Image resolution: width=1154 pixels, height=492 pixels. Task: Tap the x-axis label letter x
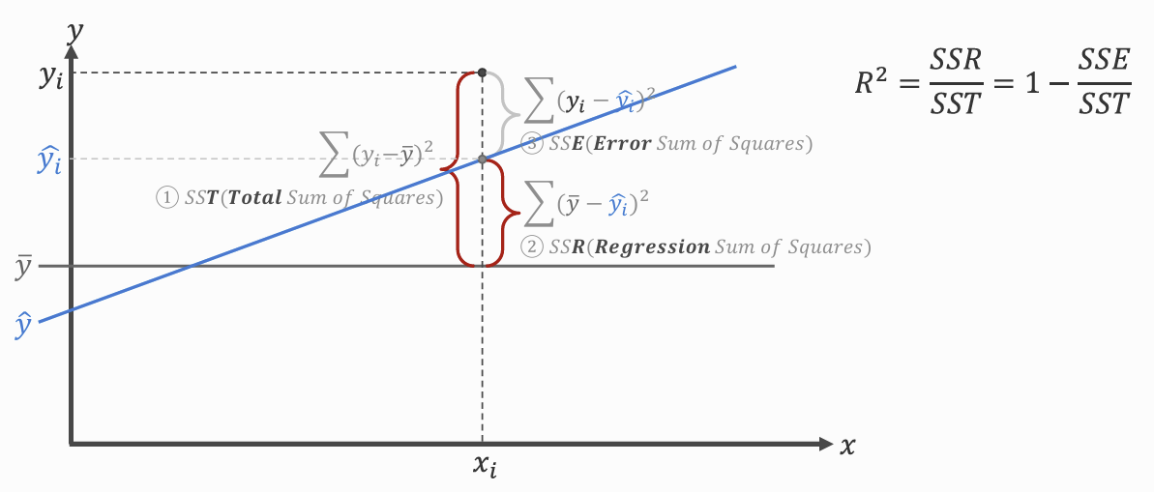point(847,446)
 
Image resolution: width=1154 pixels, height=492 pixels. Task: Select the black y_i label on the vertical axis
point(50,78)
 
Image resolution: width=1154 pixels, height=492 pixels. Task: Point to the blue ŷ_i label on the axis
point(49,160)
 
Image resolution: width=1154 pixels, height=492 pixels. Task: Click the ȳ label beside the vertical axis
point(25,266)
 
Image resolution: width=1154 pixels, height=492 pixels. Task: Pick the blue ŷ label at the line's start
point(23,326)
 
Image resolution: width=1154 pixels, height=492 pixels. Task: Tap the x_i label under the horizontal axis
point(485,466)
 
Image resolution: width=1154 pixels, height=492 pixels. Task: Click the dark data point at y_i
point(482,72)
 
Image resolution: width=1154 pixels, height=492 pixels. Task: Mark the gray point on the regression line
point(482,159)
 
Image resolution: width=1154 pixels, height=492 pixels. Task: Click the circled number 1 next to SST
point(167,197)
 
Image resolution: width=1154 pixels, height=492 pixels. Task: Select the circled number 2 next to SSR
point(533,246)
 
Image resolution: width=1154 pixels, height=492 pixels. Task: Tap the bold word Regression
point(653,246)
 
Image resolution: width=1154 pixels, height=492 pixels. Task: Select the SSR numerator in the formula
point(956,62)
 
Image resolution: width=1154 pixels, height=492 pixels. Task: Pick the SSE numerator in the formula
point(1103,62)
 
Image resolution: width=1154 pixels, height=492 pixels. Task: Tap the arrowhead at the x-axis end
point(825,444)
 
